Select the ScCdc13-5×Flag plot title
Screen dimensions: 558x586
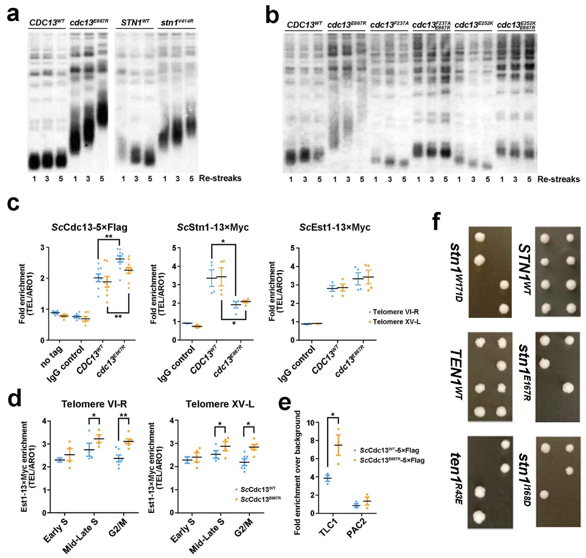pos(90,227)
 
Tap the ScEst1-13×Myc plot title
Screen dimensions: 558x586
pos(335,227)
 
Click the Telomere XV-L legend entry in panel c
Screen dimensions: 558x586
pos(396,322)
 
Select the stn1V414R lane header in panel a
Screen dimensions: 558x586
pos(177,22)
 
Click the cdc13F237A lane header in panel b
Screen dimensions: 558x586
pos(389,24)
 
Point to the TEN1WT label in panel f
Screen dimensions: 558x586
pos(456,374)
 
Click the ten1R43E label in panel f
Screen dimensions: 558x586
pos(456,478)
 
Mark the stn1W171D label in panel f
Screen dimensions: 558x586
pos(456,272)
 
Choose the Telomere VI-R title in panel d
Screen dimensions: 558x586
pos(94,404)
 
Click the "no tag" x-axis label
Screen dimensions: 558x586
pos(52,357)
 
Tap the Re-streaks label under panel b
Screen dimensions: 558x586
pos(558,179)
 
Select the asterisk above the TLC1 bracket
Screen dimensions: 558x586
pos(333,414)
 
